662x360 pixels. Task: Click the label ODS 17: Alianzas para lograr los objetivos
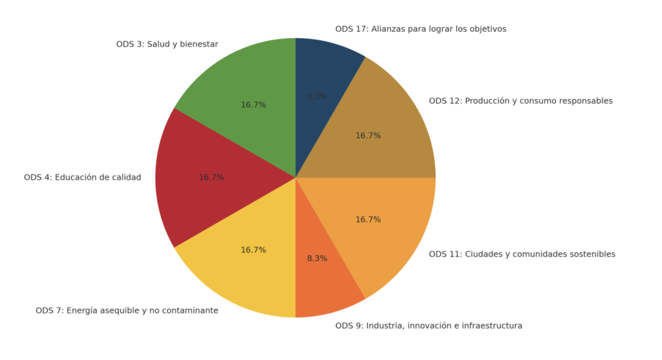click(420, 29)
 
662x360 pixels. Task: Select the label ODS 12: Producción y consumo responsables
click(520, 101)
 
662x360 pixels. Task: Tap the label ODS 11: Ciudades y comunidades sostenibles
click(522, 254)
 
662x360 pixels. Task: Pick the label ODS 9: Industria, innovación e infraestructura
click(429, 326)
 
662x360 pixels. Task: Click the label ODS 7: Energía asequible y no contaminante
click(127, 311)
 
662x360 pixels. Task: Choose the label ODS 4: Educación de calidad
click(82, 177)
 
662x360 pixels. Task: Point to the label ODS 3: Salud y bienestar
click(167, 45)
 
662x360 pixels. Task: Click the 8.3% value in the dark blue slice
click(317, 96)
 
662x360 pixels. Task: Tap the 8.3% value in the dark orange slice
click(317, 259)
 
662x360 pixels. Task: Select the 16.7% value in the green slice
click(253, 105)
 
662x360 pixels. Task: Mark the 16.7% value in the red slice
click(211, 177)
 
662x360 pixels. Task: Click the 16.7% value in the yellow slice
click(253, 250)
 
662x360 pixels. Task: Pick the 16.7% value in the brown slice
click(368, 136)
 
